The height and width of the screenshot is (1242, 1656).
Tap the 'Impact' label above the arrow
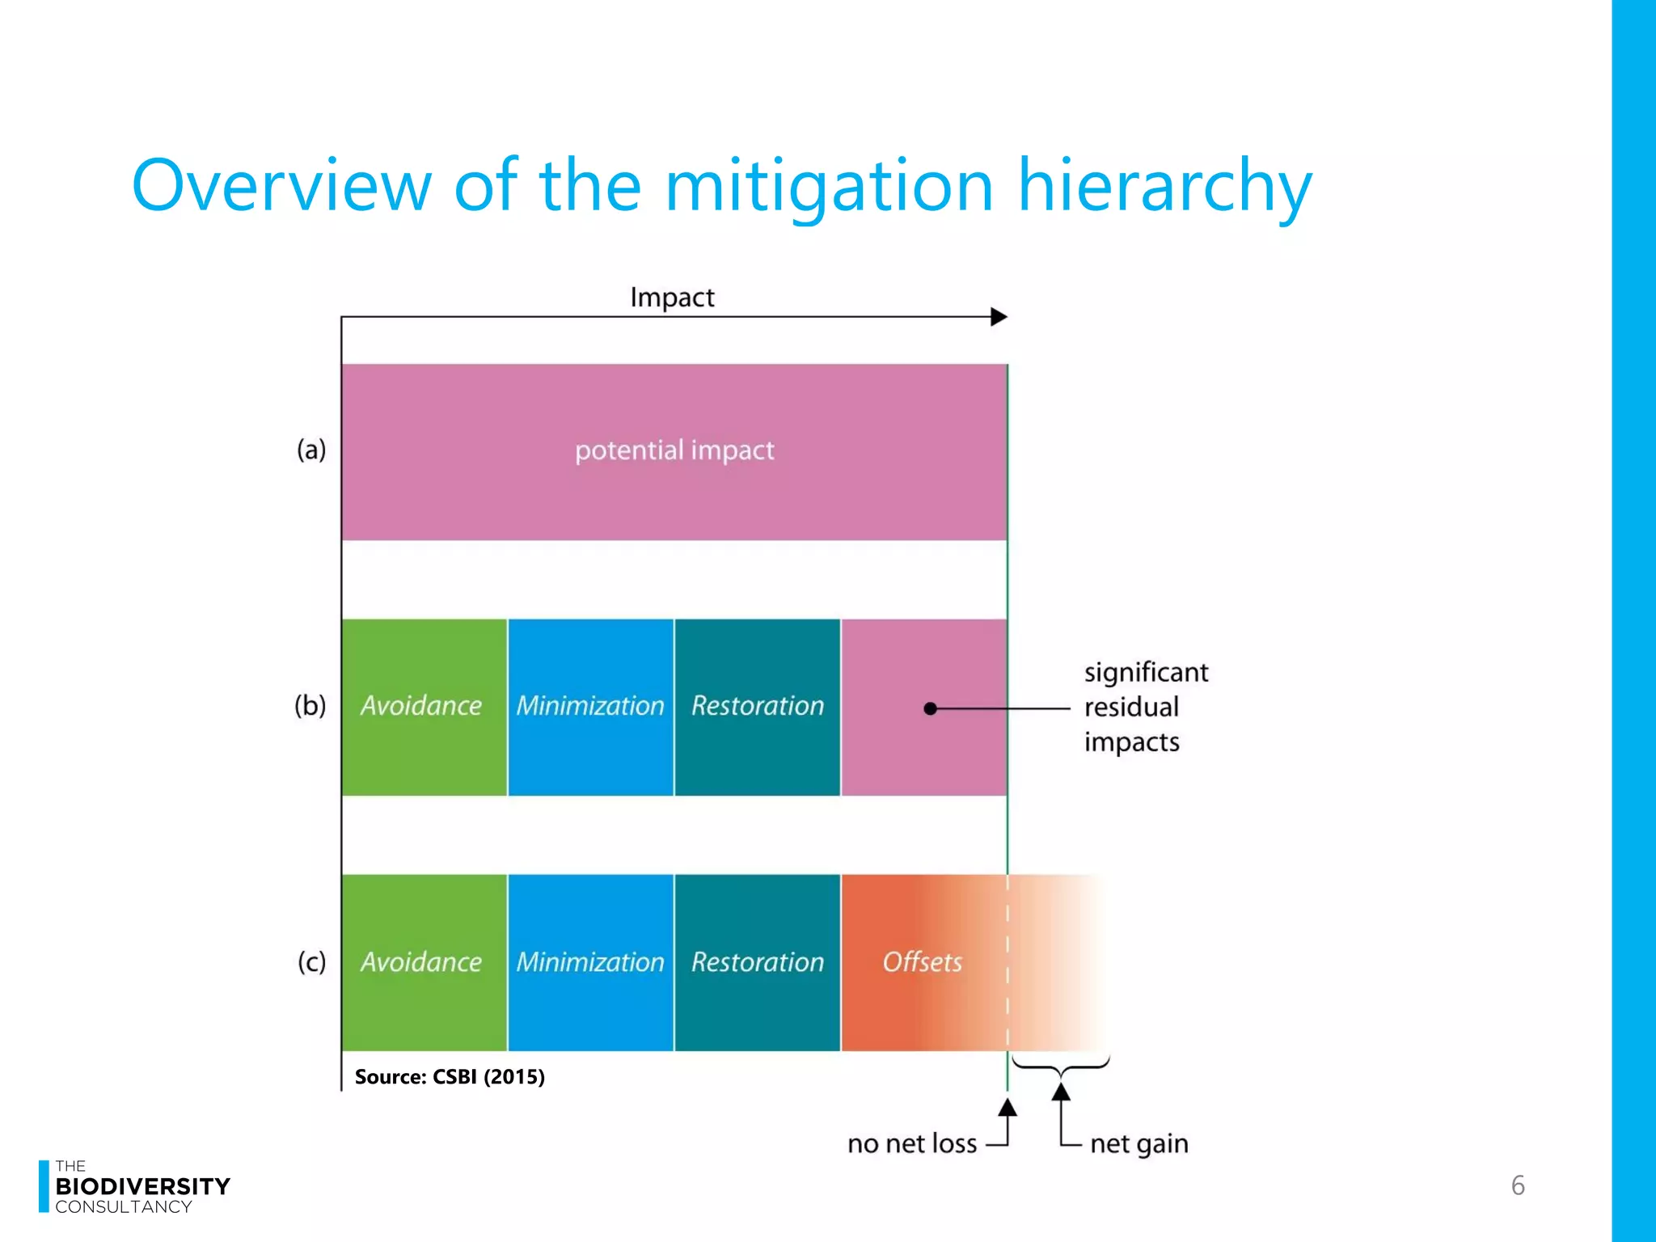point(672,298)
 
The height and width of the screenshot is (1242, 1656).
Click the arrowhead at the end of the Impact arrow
point(999,317)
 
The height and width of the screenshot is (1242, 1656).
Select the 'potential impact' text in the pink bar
point(674,450)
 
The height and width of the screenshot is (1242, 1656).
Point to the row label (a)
point(311,450)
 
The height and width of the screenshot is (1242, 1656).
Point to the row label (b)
point(310,706)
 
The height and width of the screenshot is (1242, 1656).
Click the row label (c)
point(311,961)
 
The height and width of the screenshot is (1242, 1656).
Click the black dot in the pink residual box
point(931,709)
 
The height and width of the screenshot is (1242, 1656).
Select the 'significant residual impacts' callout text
point(1145,707)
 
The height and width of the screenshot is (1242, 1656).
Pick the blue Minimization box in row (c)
point(590,962)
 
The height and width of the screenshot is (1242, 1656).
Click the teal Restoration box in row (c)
point(757,962)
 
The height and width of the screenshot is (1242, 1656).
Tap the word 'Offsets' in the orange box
point(922,962)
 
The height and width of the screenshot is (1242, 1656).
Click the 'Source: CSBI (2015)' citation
point(450,1077)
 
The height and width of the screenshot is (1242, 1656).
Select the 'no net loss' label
point(912,1144)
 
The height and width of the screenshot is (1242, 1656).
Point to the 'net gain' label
point(1138,1144)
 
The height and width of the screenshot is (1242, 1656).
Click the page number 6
point(1518,1185)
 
